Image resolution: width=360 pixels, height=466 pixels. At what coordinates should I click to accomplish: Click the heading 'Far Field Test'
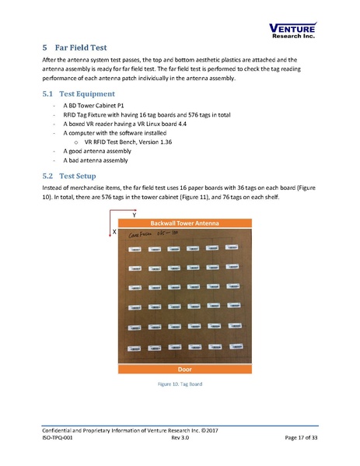(83, 47)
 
